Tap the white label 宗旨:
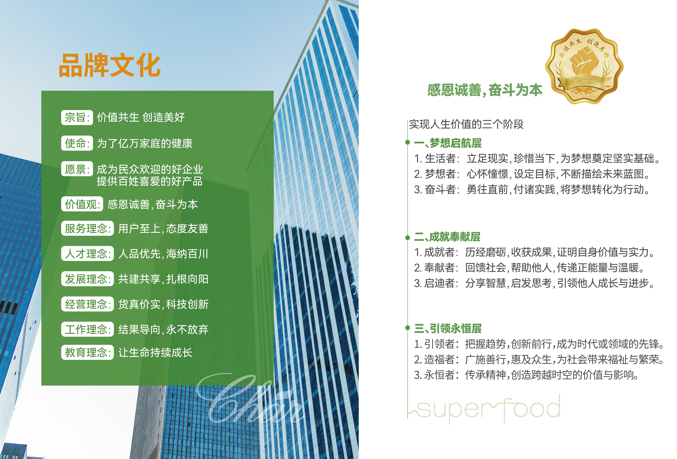pyautogui.click(x=77, y=118)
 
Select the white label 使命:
pyautogui.click(x=77, y=143)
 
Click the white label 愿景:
pyautogui.click(x=77, y=169)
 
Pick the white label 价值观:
pyautogui.click(x=82, y=204)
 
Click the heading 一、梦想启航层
pyautogui.click(x=448, y=143)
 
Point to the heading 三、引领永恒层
pyautogui.click(x=448, y=329)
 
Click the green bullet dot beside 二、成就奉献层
pyautogui.click(x=408, y=238)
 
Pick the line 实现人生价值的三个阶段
pyautogui.click(x=466, y=124)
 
